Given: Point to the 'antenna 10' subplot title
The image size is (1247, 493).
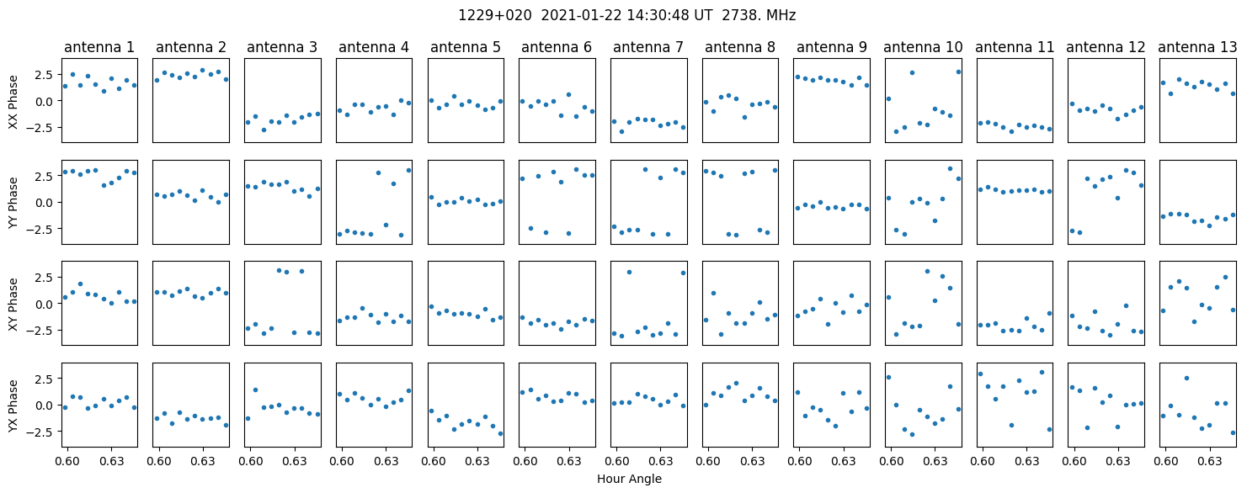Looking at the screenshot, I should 922,47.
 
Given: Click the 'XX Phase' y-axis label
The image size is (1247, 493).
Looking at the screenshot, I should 13,101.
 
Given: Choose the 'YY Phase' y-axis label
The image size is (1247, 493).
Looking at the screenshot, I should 13,202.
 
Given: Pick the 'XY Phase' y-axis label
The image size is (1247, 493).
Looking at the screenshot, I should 13,303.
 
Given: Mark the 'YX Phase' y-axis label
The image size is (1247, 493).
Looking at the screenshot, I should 13,404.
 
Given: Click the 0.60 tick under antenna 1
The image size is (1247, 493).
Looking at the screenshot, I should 67,461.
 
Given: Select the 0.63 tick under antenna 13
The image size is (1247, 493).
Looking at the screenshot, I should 1209,461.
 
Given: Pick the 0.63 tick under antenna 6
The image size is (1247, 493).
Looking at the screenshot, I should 568,461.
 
